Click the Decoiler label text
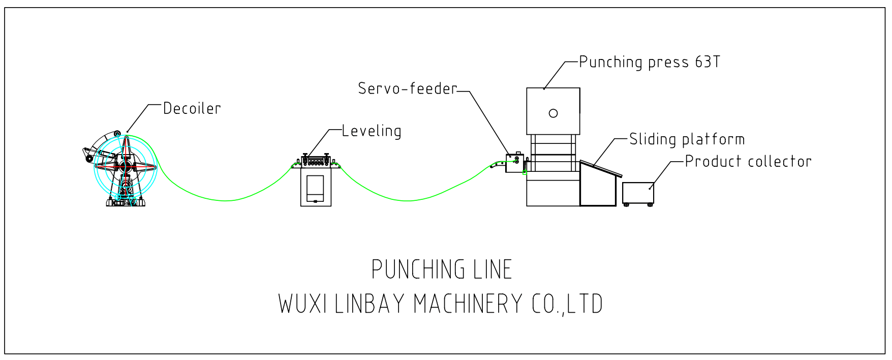pyautogui.click(x=192, y=108)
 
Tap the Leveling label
pyautogui.click(x=372, y=131)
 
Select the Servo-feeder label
pyautogui.click(x=408, y=88)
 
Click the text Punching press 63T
pyautogui.click(x=649, y=62)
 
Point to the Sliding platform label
pyautogui.click(x=687, y=139)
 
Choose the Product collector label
pyautogui.click(x=748, y=162)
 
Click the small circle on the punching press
pyautogui.click(x=553, y=113)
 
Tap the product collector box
pyautogui.click(x=638, y=193)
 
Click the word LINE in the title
pyautogui.click(x=492, y=269)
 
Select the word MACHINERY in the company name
pyautogui.click(x=468, y=304)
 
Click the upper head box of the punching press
pyautogui.click(x=553, y=111)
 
